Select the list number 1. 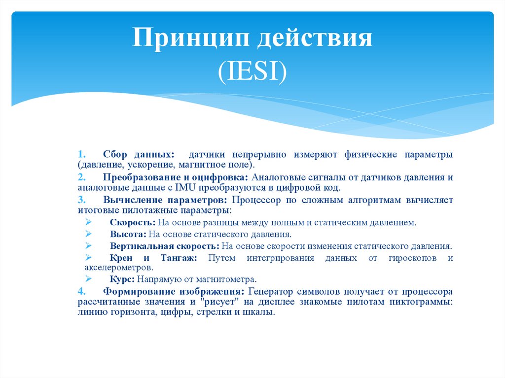click(x=81, y=155)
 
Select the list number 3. click(x=81, y=200)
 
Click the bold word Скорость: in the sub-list click(x=132, y=223)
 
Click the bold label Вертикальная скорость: click(x=164, y=246)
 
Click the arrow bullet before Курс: click(x=88, y=278)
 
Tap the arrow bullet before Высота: click(x=88, y=234)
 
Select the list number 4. click(x=81, y=291)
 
